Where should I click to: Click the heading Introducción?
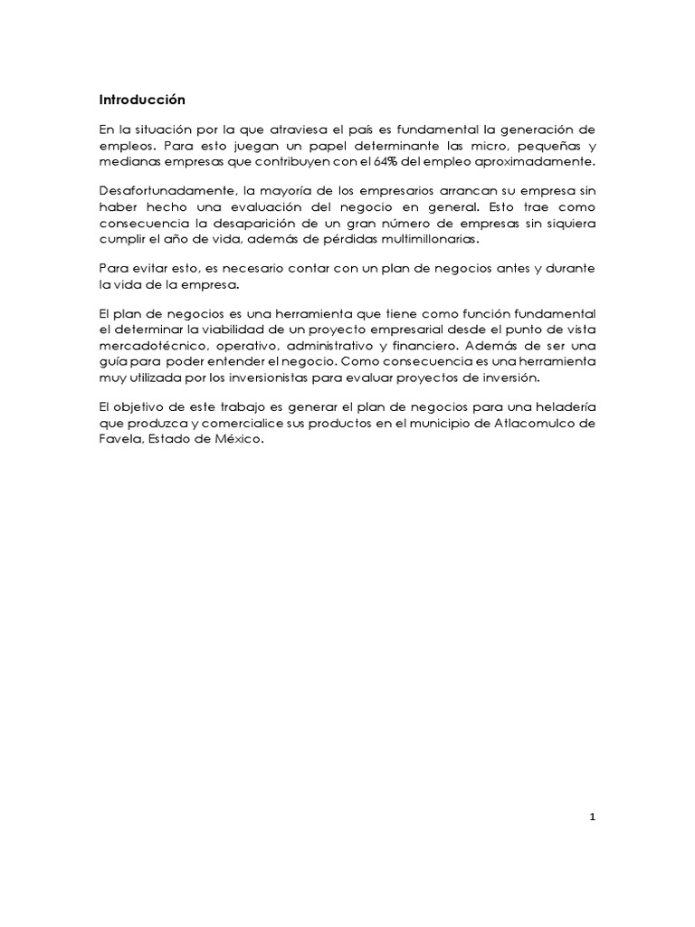pos(142,100)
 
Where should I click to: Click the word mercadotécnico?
pos(150,345)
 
